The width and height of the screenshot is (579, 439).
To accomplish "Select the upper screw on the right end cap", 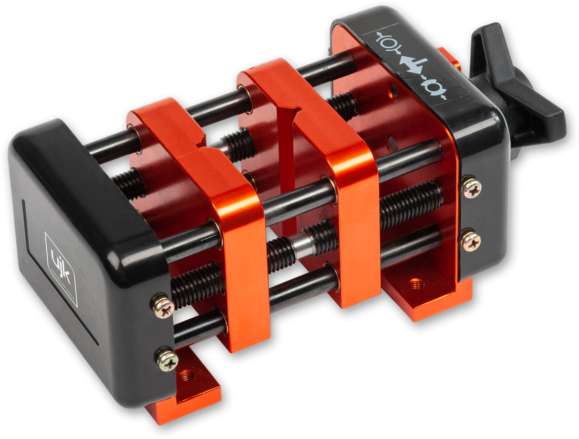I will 471,187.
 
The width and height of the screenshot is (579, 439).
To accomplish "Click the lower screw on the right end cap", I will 470,241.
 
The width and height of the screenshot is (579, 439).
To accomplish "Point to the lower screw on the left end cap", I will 167,359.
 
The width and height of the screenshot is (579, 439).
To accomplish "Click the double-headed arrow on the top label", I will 412,64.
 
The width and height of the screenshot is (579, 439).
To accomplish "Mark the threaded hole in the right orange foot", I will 416,283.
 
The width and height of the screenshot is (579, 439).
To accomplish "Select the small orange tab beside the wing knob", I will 450,58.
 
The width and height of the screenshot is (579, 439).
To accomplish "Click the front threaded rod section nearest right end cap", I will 411,203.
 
